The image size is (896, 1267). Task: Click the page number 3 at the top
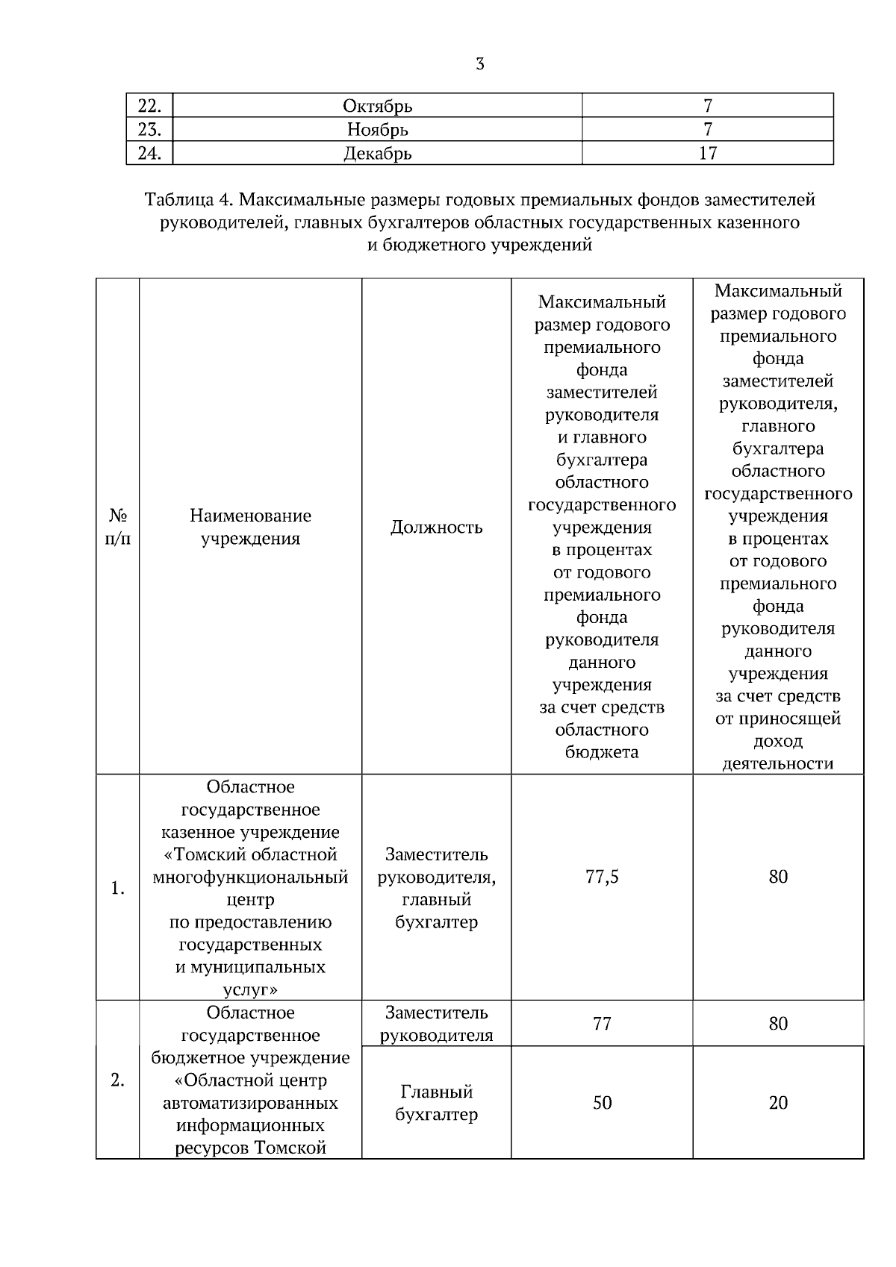pos(479,64)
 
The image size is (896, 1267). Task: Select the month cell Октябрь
pos(377,106)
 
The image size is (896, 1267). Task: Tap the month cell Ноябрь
pos(377,130)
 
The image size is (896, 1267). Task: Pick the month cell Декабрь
pos(377,154)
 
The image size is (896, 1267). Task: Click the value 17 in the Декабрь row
pos(707,154)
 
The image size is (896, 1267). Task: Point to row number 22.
pos(149,106)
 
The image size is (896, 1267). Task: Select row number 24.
pos(149,154)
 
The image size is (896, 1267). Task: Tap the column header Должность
pos(436,528)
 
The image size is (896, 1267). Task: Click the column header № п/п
pos(117,527)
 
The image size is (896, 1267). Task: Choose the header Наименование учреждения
pos(250,527)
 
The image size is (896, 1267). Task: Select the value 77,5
pos(602,877)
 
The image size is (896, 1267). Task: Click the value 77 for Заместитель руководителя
pos(602,1024)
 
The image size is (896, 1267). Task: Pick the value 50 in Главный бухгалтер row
pos(602,1103)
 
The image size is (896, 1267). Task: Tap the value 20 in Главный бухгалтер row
pos(778,1103)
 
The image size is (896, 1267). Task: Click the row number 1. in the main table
pos(117,889)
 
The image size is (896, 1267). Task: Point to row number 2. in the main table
pos(117,1080)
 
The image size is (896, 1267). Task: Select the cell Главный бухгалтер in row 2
pos(436,1103)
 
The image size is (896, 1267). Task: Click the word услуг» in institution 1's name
pos(250,990)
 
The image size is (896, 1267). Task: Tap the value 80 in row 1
pos(778,877)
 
